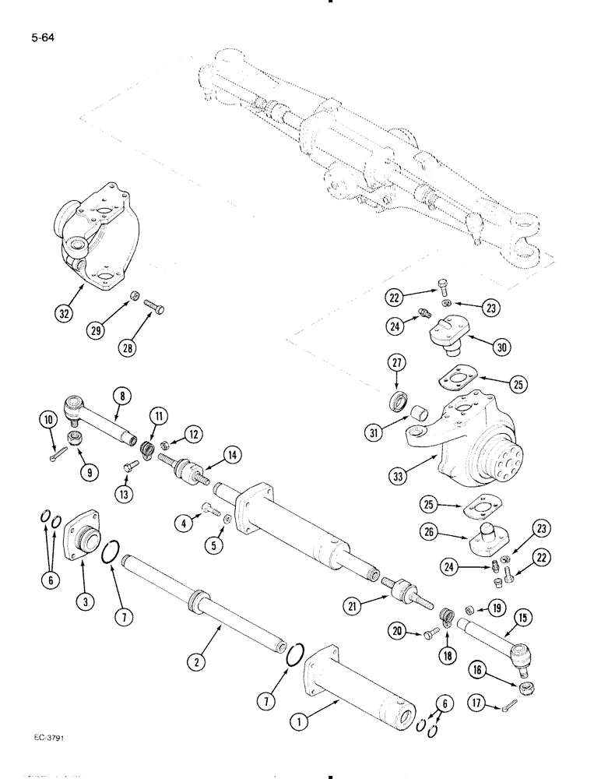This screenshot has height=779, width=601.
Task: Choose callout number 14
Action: click(x=230, y=455)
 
